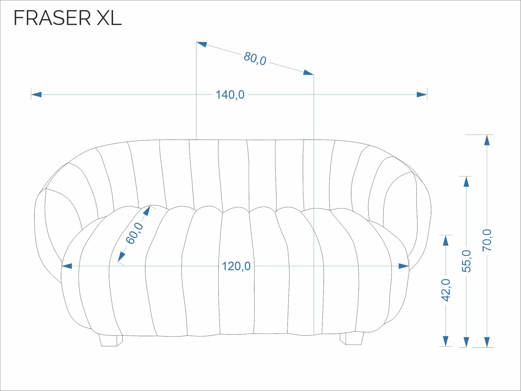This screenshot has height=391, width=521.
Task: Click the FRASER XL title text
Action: [68, 18]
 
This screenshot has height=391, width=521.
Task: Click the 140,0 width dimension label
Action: [230, 95]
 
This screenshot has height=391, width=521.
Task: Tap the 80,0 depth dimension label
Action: [255, 58]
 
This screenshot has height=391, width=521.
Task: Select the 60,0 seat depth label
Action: [134, 233]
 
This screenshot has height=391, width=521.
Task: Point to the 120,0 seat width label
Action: [236, 266]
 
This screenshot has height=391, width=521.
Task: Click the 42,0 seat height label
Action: [446, 290]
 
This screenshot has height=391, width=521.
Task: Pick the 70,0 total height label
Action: [487, 240]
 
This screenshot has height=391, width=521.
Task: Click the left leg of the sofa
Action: [111, 341]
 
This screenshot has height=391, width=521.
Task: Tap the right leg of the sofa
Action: [352, 339]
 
